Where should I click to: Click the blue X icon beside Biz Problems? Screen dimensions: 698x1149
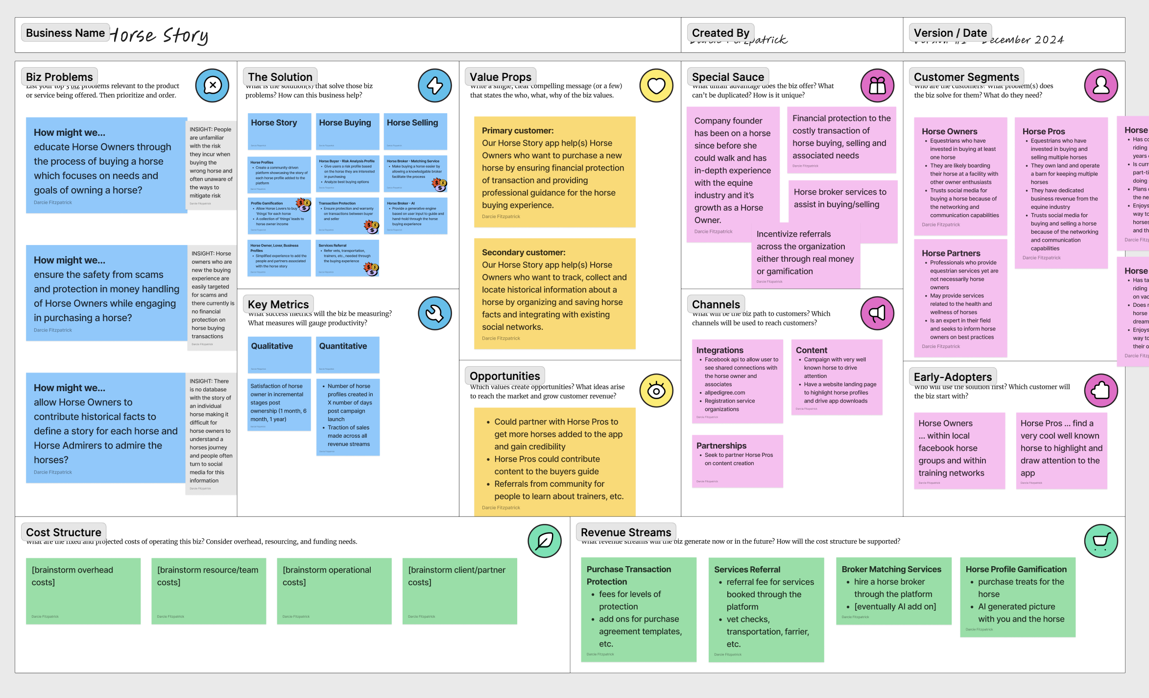(212, 85)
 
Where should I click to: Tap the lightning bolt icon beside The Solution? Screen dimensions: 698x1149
(434, 85)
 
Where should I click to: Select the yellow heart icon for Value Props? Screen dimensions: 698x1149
(656, 85)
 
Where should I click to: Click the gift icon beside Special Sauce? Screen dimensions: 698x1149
(877, 85)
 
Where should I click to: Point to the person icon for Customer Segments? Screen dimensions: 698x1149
(1101, 85)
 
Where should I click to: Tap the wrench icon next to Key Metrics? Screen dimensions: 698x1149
(434, 313)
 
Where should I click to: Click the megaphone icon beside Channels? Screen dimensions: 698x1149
(877, 313)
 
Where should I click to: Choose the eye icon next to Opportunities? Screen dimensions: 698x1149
(656, 391)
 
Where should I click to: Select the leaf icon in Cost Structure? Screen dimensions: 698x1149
(544, 541)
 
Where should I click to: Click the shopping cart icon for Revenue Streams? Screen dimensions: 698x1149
(1101, 541)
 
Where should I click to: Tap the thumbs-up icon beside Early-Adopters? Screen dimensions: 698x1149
(1101, 391)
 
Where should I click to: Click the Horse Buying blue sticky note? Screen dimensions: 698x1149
(347, 131)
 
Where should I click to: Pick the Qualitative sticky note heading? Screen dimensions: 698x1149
(272, 346)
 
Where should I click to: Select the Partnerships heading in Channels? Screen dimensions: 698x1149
(721, 446)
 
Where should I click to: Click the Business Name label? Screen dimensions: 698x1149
(65, 33)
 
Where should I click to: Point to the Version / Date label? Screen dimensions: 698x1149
(950, 33)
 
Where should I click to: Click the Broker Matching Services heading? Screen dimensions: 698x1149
(891, 569)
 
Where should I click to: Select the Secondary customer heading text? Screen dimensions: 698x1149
(523, 252)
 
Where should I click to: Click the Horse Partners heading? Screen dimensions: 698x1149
(951, 253)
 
